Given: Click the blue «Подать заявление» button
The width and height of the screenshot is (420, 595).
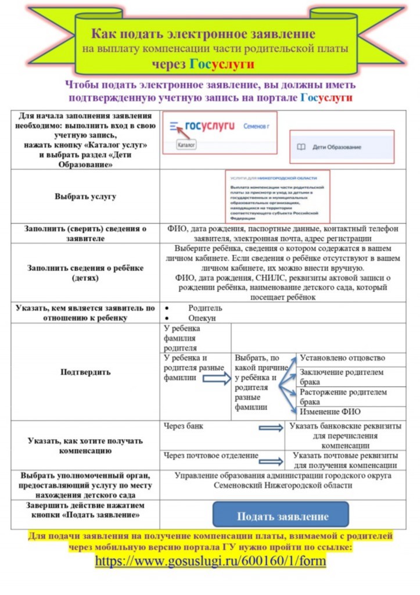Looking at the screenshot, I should (281, 515).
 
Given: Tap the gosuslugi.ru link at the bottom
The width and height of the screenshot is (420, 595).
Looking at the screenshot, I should (210, 561).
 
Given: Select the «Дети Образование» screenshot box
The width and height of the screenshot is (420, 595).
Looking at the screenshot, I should (342, 147).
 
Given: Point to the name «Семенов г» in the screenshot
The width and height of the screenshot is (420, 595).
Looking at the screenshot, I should (257, 126).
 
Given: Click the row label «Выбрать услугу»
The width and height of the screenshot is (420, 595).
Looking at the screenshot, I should (85, 196).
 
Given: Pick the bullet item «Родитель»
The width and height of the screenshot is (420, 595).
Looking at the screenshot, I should (205, 309).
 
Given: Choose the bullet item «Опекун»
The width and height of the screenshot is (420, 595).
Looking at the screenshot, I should (202, 319).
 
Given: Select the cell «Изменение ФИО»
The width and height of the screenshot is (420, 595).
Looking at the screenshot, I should (330, 412).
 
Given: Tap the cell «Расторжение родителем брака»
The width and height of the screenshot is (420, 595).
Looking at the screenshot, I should (343, 397).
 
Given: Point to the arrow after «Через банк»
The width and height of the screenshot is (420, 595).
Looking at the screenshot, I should (271, 428).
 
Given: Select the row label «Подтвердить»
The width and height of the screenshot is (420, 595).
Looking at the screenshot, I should (85, 372).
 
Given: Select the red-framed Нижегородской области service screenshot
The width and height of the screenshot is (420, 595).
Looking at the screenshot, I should (277, 196).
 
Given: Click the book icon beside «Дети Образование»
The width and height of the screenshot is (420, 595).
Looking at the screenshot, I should (301, 147).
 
